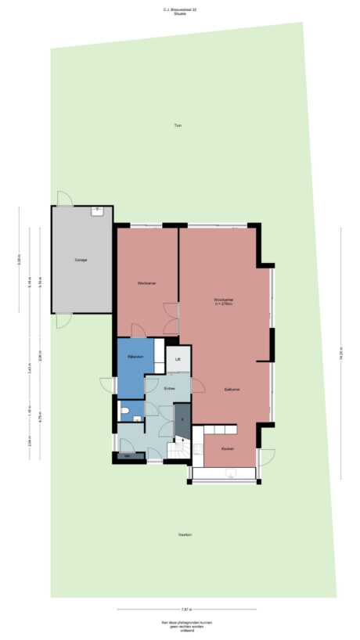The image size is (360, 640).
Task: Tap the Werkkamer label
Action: coord(146,282)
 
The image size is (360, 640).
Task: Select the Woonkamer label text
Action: coord(225,300)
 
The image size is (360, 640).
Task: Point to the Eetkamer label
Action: coord(231,389)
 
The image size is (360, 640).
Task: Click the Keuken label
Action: coord(228,448)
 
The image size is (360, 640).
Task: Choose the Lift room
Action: coord(178,359)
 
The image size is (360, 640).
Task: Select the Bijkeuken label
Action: coord(135,357)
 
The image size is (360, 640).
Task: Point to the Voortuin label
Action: coord(185,534)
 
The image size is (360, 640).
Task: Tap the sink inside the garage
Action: coord(98,210)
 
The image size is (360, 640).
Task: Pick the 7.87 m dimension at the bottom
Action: coord(185,608)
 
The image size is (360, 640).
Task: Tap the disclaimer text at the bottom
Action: coord(181,625)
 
